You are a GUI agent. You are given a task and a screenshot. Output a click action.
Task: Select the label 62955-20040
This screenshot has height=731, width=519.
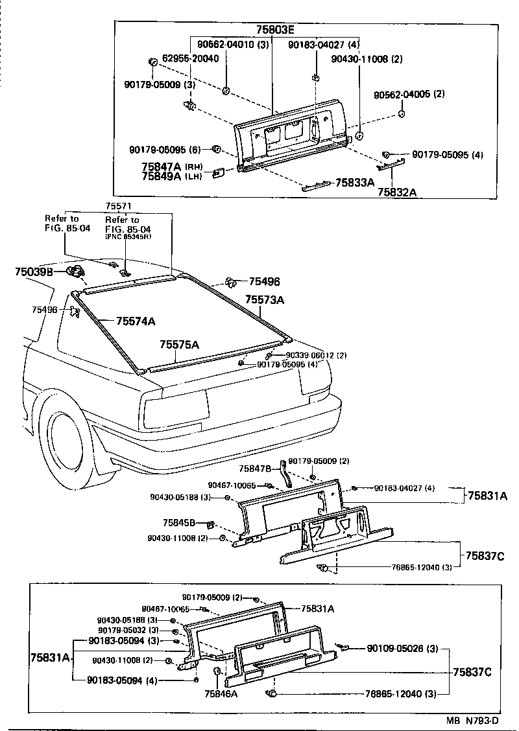190,58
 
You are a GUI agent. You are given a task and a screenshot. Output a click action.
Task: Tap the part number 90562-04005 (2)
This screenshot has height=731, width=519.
409,94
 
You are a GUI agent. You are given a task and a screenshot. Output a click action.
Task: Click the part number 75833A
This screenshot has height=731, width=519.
355,183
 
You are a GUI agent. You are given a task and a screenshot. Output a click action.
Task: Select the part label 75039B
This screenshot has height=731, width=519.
34,272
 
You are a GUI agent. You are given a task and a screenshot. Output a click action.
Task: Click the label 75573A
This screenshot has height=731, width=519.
265,299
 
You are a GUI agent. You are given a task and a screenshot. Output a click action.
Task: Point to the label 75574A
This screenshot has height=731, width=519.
136,321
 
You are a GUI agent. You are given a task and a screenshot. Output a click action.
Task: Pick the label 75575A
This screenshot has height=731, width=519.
179,345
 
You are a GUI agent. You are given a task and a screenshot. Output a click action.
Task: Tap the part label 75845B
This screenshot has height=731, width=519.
179,522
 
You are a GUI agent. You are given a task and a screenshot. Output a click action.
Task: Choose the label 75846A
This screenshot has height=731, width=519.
221,693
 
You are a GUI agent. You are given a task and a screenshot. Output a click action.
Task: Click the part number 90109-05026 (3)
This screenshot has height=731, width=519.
402,647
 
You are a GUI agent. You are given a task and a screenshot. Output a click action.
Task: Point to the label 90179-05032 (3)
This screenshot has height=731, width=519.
128,630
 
